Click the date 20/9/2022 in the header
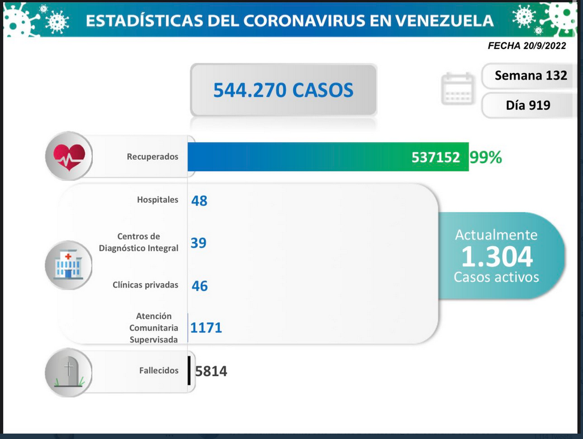[545, 46]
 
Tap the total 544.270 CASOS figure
[283, 90]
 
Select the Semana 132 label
[531, 75]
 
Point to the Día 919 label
[528, 105]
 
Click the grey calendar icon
[458, 89]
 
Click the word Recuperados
[152, 157]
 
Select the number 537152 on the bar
[435, 158]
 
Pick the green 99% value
[486, 158]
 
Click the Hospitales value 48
[199, 201]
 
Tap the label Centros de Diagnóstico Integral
[138, 242]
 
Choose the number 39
[199, 243]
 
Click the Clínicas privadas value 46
[200, 286]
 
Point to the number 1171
[206, 328]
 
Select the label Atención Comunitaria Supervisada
[154, 328]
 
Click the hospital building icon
[68, 265]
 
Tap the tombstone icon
[69, 371]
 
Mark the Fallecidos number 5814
[211, 371]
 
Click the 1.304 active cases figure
[497, 256]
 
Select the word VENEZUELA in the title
[444, 21]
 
